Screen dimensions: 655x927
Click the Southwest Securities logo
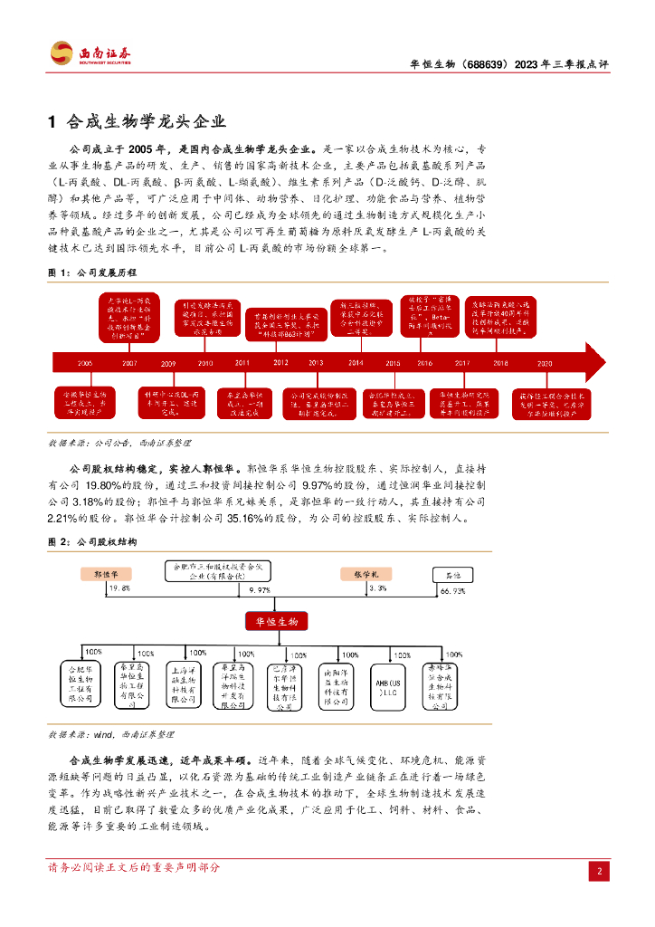[x=90, y=53]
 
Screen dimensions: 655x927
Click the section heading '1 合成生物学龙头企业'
[x=136, y=121]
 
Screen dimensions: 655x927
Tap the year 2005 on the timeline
[x=85, y=363]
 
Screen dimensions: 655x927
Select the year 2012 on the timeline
[x=280, y=363]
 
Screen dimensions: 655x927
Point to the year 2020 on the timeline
[x=544, y=363]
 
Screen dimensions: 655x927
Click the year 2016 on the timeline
[x=424, y=363]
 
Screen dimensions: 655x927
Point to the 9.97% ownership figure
[x=259, y=590]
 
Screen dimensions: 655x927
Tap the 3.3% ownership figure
[x=377, y=588]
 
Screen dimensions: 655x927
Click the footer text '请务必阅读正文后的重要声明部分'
[x=133, y=867]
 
